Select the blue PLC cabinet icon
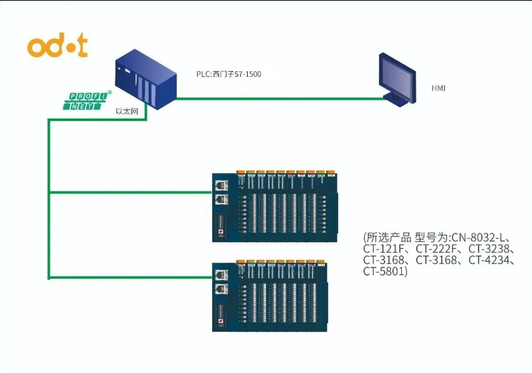pyautogui.click(x=145, y=82)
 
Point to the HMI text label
pyautogui.click(x=439, y=88)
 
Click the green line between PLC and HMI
pyautogui.click(x=279, y=98)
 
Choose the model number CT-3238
pyautogui.click(x=491, y=248)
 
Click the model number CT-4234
pyautogui.click(x=491, y=260)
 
